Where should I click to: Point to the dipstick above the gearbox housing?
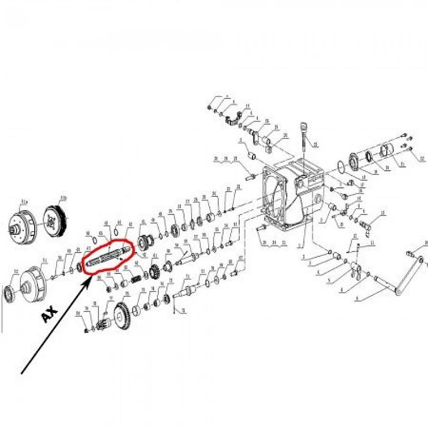[x=305, y=134]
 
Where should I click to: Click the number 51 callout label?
[x=45, y=260]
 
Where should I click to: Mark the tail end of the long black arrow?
[x=21, y=373]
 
